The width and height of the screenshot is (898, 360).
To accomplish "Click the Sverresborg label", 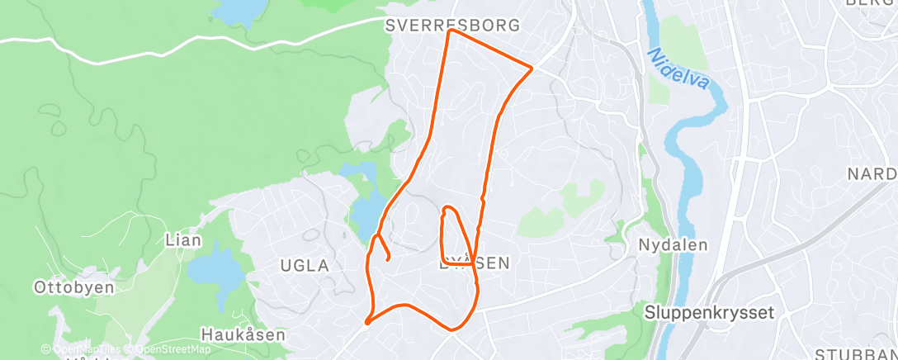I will (453, 26).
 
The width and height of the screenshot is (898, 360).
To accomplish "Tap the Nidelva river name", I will (679, 69).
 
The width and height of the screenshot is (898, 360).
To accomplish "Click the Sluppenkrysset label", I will (709, 312).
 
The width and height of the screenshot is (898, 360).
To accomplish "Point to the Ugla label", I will (305, 266).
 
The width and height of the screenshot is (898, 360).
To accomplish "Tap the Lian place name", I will (183, 240).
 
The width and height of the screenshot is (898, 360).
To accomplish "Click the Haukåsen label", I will (243, 335).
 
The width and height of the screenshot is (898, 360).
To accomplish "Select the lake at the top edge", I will (239, 11).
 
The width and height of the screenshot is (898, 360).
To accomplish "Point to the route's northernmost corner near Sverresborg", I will (450, 31).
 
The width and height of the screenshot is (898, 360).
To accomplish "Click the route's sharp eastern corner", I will (532, 67).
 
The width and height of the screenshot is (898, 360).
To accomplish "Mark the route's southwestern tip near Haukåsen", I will (366, 322).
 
